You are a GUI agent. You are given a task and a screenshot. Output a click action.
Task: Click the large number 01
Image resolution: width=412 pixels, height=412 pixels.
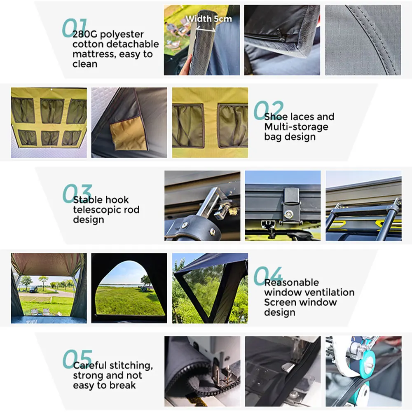(74, 28)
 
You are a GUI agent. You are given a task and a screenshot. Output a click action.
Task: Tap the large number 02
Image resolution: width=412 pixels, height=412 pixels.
(268, 110)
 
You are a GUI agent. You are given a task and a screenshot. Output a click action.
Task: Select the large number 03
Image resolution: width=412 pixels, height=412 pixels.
(77, 193)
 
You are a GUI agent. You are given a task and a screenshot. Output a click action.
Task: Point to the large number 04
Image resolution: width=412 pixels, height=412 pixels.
(268, 276)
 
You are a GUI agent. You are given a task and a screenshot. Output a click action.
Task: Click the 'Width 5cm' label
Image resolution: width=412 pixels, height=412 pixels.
(208, 19)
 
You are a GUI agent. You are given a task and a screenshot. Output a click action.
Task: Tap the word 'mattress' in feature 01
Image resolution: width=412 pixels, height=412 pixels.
(92, 54)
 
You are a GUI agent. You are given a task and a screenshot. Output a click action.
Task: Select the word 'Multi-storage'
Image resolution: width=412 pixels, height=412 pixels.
(296, 127)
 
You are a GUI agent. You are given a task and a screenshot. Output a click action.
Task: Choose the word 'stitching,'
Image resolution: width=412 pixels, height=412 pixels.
(131, 365)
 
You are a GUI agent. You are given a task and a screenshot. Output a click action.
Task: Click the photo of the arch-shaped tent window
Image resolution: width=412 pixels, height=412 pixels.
(129, 288)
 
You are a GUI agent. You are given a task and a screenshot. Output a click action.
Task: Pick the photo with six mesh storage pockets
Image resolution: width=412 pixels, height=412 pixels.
(49, 122)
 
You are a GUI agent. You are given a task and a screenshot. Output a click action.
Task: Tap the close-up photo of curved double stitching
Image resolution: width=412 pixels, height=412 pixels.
(363, 40)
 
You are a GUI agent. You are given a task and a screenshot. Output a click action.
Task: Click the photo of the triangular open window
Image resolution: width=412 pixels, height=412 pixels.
(210, 288)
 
